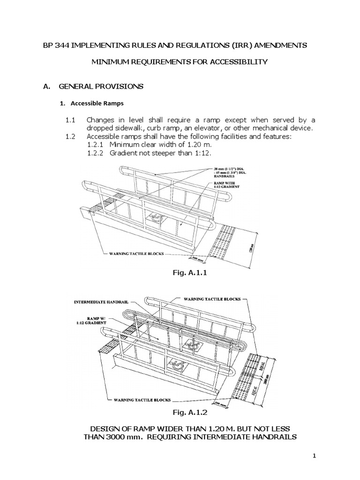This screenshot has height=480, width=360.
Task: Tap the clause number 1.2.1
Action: tap(97, 144)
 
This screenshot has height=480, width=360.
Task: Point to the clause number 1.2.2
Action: tap(97, 152)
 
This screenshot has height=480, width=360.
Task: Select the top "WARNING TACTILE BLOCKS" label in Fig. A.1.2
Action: tap(209, 298)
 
